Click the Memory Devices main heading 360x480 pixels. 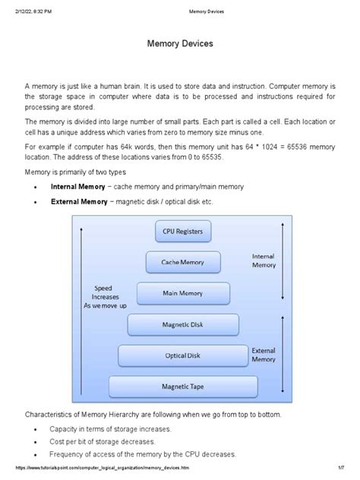pos(179,46)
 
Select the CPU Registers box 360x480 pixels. pos(180,230)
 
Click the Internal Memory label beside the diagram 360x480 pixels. pos(264,261)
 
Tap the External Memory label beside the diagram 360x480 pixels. pos(264,354)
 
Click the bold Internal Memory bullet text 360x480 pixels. pos(83,186)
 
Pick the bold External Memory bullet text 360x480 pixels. pos(84,202)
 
